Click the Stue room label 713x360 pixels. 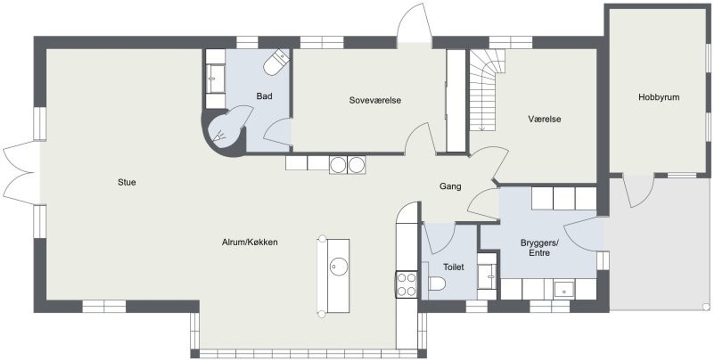127,182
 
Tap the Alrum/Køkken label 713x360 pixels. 250,242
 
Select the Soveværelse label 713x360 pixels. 375,100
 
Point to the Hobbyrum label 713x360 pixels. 659,97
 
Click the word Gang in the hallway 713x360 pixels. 450,186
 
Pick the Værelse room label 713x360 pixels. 544,119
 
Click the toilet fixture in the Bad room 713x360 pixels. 276,62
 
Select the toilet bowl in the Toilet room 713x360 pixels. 437,284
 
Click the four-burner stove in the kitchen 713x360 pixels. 407,285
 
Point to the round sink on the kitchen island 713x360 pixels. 339,267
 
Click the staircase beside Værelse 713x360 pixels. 487,90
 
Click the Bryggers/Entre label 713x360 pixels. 540,248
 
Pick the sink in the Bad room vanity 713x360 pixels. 215,79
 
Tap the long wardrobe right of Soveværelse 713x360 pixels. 456,101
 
